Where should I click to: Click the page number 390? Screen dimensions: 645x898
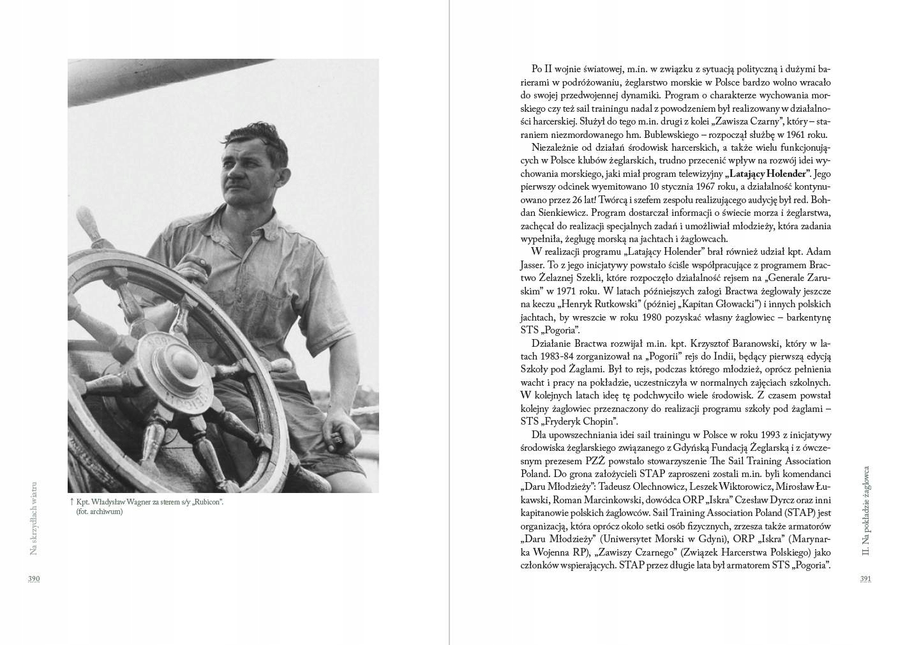tap(34, 579)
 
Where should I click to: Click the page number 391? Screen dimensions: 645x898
tap(865, 579)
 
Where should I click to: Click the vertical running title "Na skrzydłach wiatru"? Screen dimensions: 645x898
tap(34, 518)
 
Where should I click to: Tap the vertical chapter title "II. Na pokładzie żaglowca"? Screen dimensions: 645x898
tap(866, 510)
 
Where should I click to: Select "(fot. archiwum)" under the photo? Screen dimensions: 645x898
tap(99, 512)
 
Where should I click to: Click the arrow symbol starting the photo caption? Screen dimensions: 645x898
tap(71, 502)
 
